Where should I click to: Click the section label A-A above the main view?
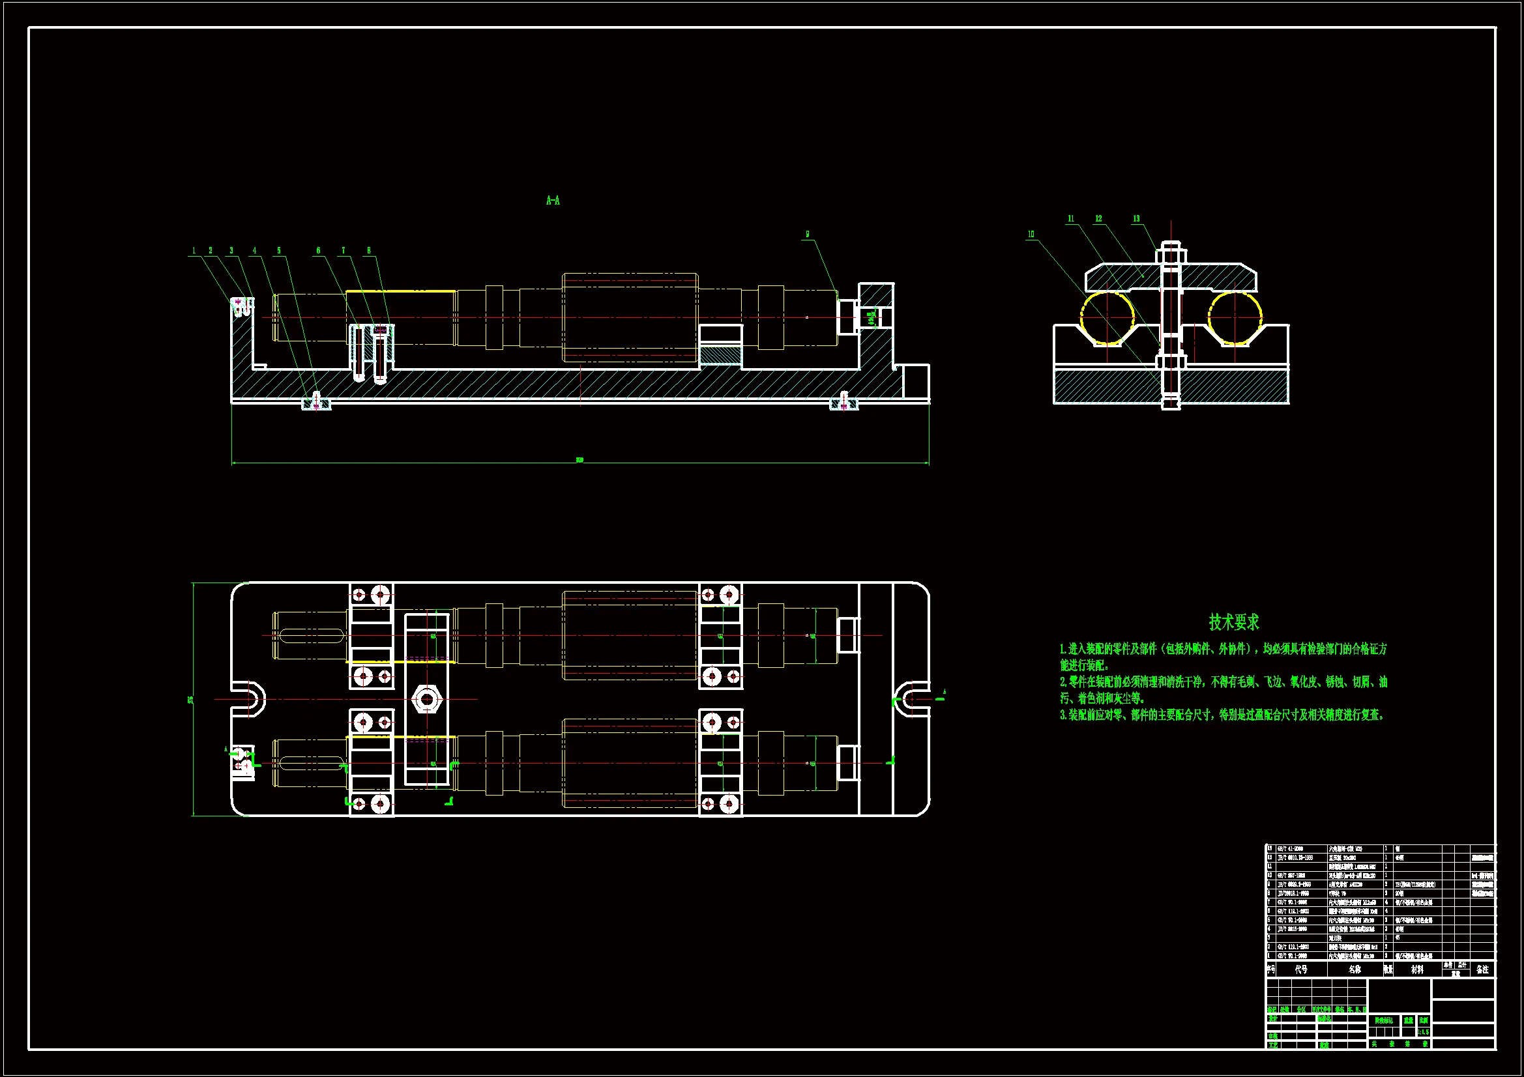pos(553,201)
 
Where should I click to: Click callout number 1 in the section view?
pos(194,251)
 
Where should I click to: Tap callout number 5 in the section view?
pos(279,251)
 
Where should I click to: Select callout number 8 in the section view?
pos(369,251)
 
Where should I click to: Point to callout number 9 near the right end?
pos(807,235)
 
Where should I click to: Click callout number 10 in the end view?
pos(1031,235)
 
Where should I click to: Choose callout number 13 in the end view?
pos(1136,219)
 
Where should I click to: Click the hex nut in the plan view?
pos(427,698)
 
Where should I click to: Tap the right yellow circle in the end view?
pos(1235,318)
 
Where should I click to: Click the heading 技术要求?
pos(1233,622)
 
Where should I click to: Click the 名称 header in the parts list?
pos(1355,969)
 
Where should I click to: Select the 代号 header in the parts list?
pos(1301,969)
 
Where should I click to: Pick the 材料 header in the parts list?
pos(1417,969)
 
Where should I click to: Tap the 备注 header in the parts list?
pos(1482,969)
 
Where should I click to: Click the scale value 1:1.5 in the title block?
pos(1423,1032)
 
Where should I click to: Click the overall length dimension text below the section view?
pos(579,460)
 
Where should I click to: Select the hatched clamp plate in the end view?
pos(1128,276)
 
